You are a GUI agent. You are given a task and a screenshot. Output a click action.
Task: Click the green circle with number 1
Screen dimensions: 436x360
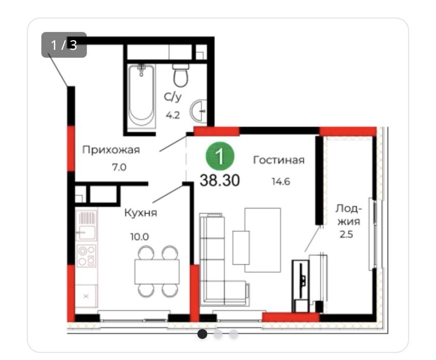point(220,156)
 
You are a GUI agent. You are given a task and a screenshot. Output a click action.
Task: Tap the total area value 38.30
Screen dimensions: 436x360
point(220,180)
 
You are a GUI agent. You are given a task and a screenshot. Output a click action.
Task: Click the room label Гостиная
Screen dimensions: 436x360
point(278,160)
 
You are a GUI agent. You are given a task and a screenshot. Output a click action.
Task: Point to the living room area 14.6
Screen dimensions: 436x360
point(281,182)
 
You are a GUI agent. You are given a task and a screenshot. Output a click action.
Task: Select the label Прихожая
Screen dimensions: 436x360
point(111,150)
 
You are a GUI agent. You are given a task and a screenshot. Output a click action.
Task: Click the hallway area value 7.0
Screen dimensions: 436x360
point(119,167)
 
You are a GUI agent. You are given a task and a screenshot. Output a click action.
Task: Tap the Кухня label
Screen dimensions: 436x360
point(141,213)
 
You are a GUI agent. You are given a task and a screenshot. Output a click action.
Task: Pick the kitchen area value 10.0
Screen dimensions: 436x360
point(139,237)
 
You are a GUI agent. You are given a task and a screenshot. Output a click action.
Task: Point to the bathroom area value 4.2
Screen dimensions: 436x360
point(173,115)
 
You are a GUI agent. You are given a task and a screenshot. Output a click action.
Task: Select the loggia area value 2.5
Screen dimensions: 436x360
point(346,234)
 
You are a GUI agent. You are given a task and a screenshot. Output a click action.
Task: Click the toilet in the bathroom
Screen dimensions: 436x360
point(181,75)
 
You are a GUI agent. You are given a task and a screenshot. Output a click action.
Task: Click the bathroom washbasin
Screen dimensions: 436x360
point(199,110)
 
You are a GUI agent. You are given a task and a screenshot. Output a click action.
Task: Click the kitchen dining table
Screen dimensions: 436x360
point(157,271)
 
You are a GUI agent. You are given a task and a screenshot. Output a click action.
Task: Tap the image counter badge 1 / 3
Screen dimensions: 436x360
point(64,45)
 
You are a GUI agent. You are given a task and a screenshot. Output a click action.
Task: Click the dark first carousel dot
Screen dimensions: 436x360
point(202,334)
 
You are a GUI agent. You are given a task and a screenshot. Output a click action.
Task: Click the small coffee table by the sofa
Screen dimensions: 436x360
point(241,248)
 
